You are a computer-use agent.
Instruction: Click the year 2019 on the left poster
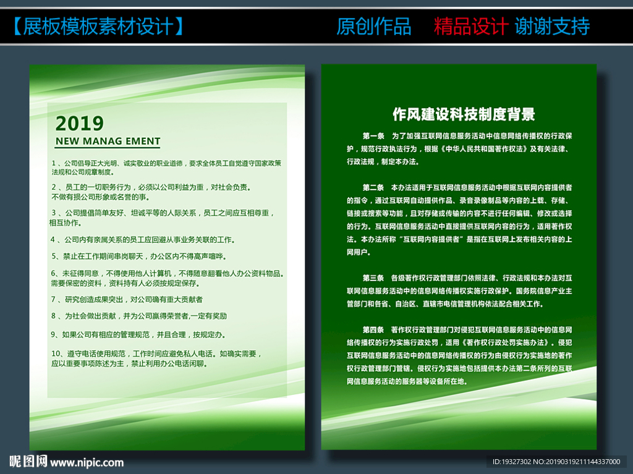click(x=80, y=124)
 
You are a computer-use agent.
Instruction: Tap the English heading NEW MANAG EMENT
click(x=108, y=141)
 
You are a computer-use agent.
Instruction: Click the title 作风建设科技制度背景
click(x=464, y=114)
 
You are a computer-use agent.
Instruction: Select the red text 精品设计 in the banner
click(x=470, y=27)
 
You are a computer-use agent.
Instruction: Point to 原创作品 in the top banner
click(x=374, y=27)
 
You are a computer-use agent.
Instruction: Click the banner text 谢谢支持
click(x=552, y=27)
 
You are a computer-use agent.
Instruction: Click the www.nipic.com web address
click(x=87, y=462)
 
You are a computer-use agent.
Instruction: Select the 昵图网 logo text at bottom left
click(x=28, y=461)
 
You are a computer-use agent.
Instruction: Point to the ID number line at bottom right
click(x=556, y=462)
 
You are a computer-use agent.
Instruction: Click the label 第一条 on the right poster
click(x=373, y=136)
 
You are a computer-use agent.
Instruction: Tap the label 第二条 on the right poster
click(x=373, y=188)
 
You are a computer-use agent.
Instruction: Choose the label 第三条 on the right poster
click(x=373, y=278)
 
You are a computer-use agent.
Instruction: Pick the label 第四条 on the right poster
click(x=373, y=330)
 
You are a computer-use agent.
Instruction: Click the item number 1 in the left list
click(x=53, y=163)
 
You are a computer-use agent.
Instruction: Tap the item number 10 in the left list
click(x=56, y=353)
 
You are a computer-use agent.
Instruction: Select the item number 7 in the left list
click(x=53, y=300)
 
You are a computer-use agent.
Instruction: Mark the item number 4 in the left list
click(x=53, y=240)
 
